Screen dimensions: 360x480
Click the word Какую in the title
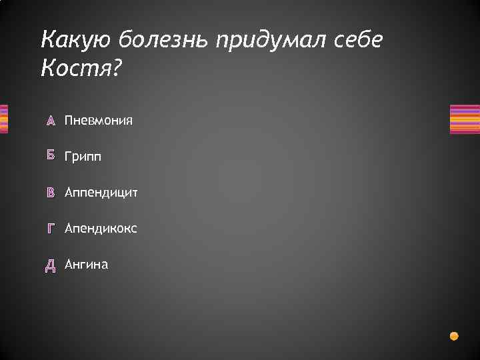pyautogui.click(x=77, y=41)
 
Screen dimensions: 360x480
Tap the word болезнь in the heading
pyautogui.click(x=164, y=41)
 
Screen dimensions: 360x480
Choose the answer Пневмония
pyautogui.click(x=99, y=121)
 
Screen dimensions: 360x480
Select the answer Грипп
pyautogui.click(x=83, y=157)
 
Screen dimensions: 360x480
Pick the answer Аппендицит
pyautogui.click(x=101, y=193)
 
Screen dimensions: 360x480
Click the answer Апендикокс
pyautogui.click(x=101, y=229)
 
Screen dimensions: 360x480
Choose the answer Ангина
pyautogui.click(x=87, y=265)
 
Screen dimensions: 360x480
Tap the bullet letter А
pyautogui.click(x=50, y=121)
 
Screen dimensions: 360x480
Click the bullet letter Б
pyautogui.click(x=50, y=157)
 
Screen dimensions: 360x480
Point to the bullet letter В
pyautogui.click(x=50, y=193)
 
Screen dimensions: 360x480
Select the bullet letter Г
pyautogui.click(x=50, y=229)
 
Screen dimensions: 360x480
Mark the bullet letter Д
pyautogui.click(x=50, y=265)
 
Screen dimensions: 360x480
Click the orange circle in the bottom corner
pyautogui.click(x=454, y=335)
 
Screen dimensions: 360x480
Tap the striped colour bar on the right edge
pyautogui.click(x=465, y=119)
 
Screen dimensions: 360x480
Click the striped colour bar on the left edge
pyautogui.click(x=3, y=119)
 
